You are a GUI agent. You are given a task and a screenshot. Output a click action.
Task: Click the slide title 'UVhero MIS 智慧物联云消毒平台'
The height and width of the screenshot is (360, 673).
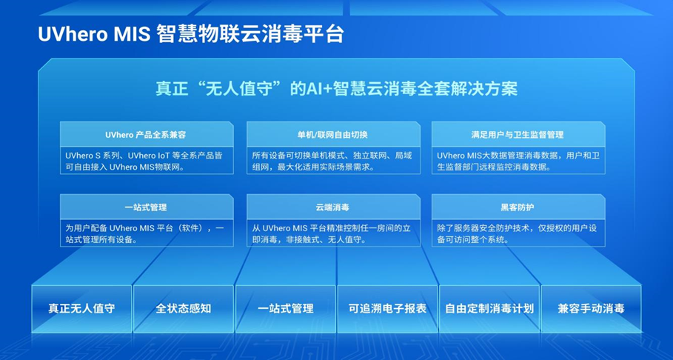191,34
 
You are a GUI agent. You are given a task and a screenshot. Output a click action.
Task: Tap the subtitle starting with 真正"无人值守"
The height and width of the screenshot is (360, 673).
336,89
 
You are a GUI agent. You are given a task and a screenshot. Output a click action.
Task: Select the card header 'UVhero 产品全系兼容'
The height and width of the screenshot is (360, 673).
146,135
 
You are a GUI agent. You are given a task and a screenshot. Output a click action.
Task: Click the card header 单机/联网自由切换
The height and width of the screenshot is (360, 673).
332,135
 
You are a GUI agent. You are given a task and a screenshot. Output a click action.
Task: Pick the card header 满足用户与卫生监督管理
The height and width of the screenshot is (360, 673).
518,135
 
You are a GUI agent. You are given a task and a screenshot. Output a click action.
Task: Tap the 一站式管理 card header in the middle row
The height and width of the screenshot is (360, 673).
146,207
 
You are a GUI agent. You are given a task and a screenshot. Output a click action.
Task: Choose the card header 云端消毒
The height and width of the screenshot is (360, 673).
332,207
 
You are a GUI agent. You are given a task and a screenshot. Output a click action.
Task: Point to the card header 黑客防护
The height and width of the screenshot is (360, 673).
518,207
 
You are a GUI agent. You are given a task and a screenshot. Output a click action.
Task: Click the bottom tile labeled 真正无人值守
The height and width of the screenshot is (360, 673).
81,308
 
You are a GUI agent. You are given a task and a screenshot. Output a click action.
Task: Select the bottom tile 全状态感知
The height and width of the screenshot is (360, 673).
184,308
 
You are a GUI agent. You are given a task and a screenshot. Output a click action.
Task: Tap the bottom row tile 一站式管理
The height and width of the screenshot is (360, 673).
286,308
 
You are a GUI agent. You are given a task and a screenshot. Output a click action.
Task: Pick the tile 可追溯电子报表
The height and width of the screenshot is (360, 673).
387,308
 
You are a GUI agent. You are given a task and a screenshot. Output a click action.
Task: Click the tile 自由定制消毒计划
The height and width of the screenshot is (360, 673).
489,308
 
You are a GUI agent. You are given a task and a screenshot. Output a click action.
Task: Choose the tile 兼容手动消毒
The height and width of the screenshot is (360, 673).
591,308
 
